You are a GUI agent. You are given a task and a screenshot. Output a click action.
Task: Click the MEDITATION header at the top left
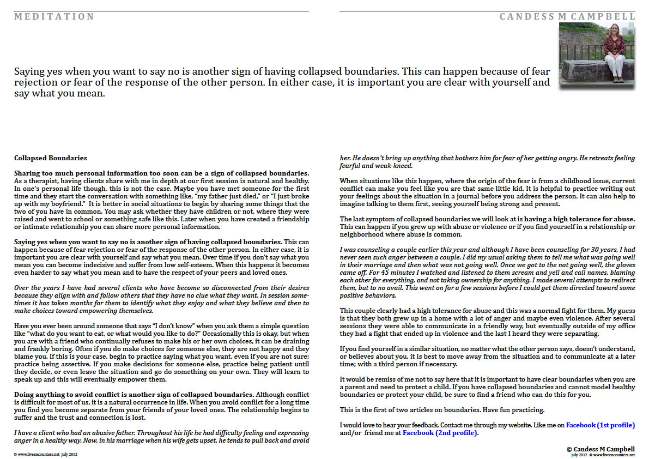[x=54, y=17]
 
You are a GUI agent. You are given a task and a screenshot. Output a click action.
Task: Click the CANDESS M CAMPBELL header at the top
[x=567, y=17]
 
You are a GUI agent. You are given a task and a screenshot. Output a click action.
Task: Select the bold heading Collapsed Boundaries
[x=50, y=158]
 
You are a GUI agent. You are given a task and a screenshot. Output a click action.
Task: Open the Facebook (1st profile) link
[x=600, y=425]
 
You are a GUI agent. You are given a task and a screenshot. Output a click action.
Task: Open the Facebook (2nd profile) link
[x=440, y=433]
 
